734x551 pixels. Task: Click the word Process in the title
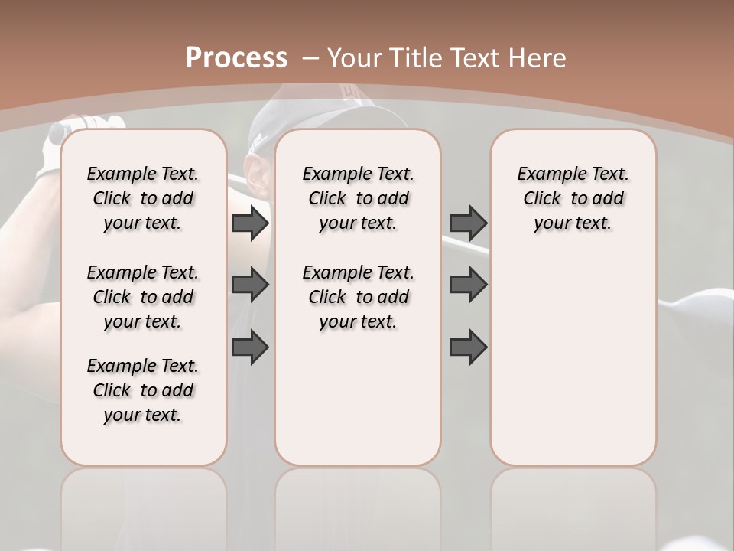(236, 58)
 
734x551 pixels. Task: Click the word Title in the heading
(418, 58)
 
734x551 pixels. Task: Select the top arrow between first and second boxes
(250, 223)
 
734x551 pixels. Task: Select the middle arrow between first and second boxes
(250, 285)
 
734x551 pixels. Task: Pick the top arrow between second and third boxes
(468, 223)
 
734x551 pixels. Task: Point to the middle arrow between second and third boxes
(468, 285)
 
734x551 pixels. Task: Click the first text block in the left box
(143, 198)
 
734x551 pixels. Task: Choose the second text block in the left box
(143, 297)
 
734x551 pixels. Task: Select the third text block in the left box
(143, 390)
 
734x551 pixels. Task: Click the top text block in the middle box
(358, 198)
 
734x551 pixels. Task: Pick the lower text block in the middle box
(358, 297)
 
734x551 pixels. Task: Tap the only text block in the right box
(573, 198)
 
